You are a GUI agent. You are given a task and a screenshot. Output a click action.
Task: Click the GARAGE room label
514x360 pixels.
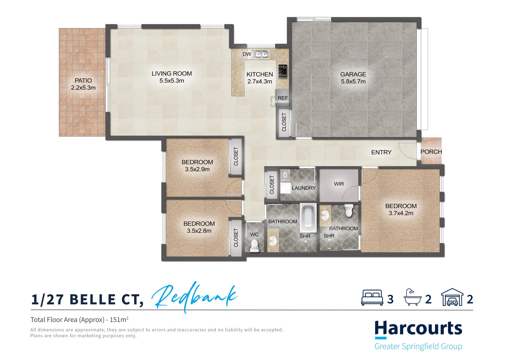click(x=353, y=74)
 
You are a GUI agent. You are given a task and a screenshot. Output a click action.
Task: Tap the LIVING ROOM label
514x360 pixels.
click(x=172, y=74)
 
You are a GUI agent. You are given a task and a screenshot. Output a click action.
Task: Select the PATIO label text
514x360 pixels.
click(x=83, y=80)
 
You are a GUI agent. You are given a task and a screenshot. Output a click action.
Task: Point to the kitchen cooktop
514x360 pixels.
click(x=282, y=71)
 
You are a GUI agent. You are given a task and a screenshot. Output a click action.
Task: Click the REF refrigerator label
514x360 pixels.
click(x=282, y=98)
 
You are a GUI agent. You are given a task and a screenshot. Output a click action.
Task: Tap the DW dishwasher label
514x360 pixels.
click(x=247, y=54)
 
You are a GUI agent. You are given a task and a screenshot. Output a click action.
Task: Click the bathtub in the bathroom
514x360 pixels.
click(x=308, y=218)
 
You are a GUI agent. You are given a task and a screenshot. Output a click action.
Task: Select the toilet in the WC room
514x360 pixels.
click(x=255, y=245)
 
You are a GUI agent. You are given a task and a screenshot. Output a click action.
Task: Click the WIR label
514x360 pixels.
click(x=339, y=184)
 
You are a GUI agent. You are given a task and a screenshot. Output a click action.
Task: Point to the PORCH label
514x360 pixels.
click(x=431, y=152)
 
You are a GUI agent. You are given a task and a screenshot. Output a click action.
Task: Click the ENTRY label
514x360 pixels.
click(x=381, y=152)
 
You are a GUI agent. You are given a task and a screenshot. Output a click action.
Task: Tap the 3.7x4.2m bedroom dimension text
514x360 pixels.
click(x=401, y=213)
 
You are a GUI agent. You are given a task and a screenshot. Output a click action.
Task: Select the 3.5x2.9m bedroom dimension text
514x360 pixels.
click(x=197, y=169)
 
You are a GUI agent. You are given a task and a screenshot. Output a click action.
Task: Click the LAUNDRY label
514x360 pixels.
click(x=303, y=188)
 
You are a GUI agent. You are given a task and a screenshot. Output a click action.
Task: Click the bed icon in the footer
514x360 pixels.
click(x=372, y=298)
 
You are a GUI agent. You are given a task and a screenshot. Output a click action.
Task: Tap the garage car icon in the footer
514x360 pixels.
click(x=452, y=297)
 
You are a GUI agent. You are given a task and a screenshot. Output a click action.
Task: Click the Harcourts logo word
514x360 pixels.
click(x=418, y=329)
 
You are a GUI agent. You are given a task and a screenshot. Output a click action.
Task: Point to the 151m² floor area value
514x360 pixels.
click(x=119, y=320)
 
